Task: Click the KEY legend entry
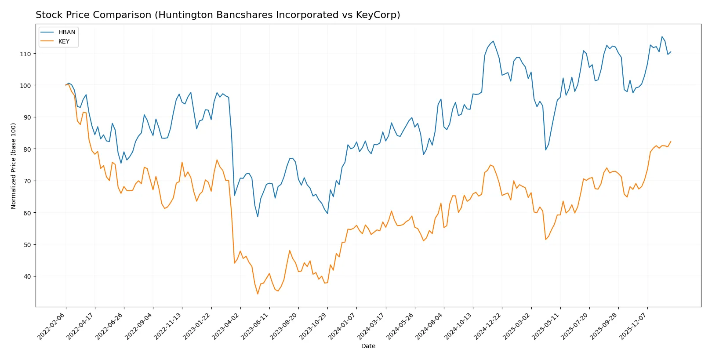(64, 41)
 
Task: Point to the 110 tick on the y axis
(25, 54)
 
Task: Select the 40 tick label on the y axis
(27, 276)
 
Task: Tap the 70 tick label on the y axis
(27, 181)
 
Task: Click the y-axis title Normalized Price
(14, 166)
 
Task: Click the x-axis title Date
(368, 346)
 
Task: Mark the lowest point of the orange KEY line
(258, 294)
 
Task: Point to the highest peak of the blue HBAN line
(662, 37)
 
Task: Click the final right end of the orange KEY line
(671, 142)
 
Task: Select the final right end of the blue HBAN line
(671, 52)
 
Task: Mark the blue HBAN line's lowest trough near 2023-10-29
(327, 214)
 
